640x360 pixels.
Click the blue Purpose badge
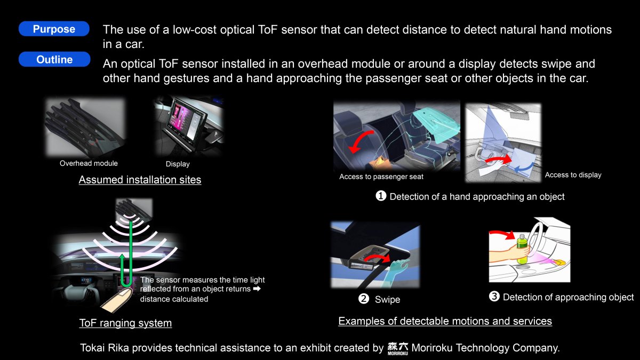point(54,29)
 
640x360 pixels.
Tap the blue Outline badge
point(54,59)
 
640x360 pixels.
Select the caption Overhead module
point(89,163)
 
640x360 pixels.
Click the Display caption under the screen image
point(178,164)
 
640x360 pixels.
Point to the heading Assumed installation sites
point(140,180)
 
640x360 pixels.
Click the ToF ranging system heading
point(125,323)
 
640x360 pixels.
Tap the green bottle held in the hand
point(522,249)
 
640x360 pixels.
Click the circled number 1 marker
point(381,196)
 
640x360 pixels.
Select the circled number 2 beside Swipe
point(364,299)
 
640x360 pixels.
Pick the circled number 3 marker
point(494,297)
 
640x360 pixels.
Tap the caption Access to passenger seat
point(381,177)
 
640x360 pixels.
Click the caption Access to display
point(573,175)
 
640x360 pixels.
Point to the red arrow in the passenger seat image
point(358,139)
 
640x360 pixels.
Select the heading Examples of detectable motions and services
point(445,321)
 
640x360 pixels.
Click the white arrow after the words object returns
point(257,289)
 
